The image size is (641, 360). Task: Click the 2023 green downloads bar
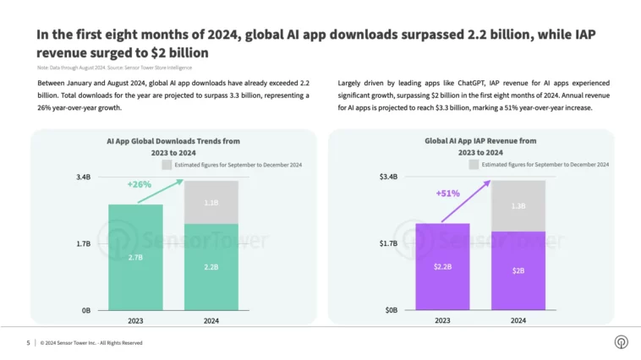(x=135, y=257)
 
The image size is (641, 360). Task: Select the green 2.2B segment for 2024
(x=211, y=267)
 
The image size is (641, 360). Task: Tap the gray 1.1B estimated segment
(x=211, y=203)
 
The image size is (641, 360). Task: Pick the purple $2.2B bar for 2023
(x=442, y=267)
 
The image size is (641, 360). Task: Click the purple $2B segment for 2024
(x=518, y=270)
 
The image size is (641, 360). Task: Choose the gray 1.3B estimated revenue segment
(x=518, y=205)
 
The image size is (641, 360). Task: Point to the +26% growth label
(x=139, y=183)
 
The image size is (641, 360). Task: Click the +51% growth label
(x=447, y=194)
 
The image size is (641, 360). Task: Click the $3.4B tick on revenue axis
(x=388, y=177)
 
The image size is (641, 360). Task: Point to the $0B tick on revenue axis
(x=391, y=310)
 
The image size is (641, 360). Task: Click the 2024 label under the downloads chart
(x=211, y=321)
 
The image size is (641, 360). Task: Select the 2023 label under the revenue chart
(x=442, y=321)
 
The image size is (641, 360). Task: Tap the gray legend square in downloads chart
(x=167, y=165)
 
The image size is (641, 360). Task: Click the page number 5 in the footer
(x=28, y=342)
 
